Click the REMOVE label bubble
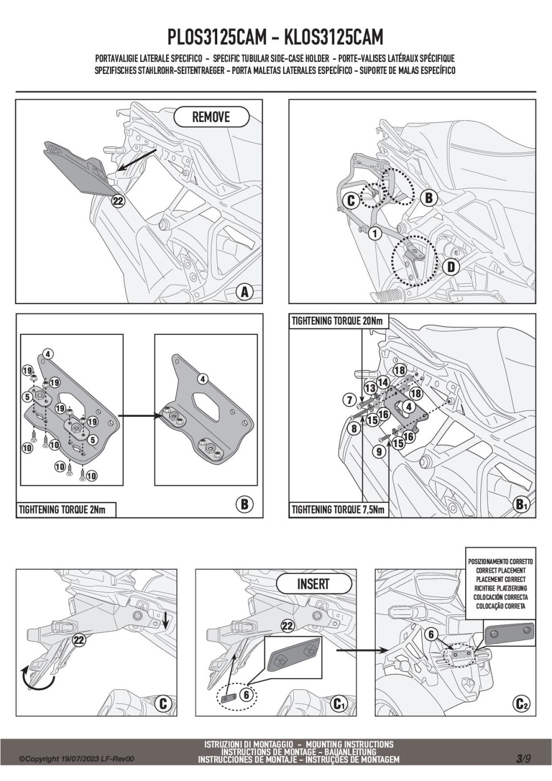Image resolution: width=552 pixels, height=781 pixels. (211, 117)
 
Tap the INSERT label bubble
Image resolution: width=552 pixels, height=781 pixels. (313, 584)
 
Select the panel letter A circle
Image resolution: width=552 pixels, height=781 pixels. (245, 292)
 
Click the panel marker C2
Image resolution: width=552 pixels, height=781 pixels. (521, 704)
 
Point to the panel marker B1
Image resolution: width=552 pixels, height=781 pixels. (521, 504)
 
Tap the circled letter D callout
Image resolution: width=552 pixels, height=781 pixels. (451, 266)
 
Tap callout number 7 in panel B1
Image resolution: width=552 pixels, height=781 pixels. (349, 400)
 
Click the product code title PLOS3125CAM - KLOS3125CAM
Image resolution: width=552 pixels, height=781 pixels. (275, 38)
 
